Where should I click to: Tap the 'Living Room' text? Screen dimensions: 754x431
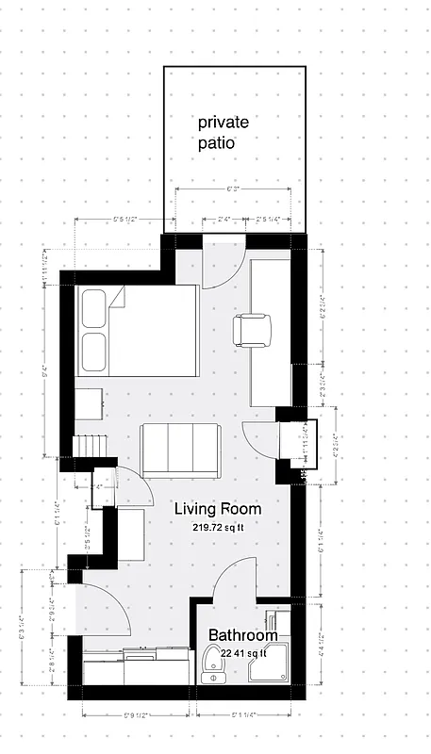tap(218, 509)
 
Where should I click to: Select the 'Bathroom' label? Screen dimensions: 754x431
tap(242, 635)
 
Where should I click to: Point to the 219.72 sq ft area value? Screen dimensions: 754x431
tap(218, 528)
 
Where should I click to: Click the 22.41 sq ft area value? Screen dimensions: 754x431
tap(244, 651)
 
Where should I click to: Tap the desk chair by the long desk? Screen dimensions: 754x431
tap(252, 328)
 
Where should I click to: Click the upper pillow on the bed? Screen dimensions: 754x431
tap(95, 308)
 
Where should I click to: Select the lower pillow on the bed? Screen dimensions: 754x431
tap(95, 351)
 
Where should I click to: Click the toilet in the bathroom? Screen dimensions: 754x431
tap(215, 667)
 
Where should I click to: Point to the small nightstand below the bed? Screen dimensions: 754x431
tap(90, 403)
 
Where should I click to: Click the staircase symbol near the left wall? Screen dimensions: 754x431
tap(91, 443)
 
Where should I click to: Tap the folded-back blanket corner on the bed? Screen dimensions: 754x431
tap(117, 299)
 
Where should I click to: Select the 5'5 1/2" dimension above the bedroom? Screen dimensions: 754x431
tap(125, 220)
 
